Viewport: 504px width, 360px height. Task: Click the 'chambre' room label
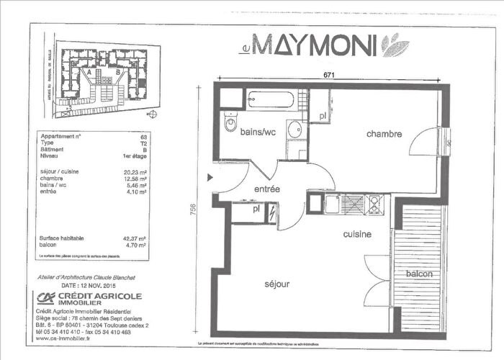(x=383, y=135)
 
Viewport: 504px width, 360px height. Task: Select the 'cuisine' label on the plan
(x=356, y=235)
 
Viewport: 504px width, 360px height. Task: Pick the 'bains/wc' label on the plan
(x=258, y=132)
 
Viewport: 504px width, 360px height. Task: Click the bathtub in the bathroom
(x=272, y=100)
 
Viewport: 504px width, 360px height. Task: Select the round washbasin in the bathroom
(x=294, y=130)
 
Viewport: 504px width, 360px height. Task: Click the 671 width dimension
(x=329, y=75)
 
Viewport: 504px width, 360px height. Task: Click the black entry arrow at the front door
(x=210, y=176)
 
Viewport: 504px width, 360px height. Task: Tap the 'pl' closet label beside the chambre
(x=324, y=115)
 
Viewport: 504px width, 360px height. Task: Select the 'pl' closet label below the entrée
(x=256, y=210)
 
